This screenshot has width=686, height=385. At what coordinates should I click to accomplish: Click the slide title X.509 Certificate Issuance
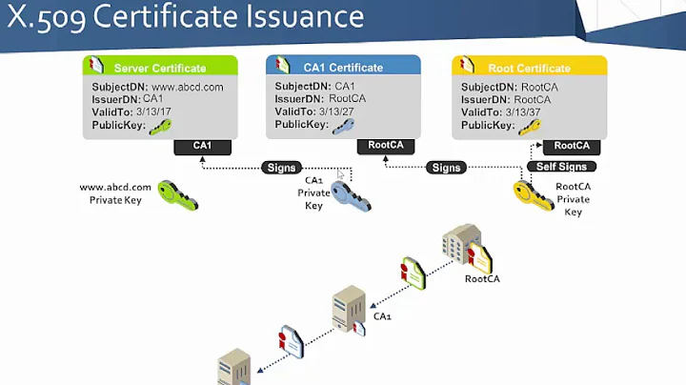187,17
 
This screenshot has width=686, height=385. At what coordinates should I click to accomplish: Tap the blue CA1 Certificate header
342,68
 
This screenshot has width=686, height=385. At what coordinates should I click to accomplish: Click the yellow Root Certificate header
528,69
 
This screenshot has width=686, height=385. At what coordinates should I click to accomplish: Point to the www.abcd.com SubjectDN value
188,87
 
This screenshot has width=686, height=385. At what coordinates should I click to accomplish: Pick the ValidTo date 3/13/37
534,111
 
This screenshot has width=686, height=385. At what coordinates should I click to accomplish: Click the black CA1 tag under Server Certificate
202,146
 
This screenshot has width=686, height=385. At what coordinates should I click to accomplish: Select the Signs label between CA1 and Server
282,168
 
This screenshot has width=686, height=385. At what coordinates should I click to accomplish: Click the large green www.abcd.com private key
178,194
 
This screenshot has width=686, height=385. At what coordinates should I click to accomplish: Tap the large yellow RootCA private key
532,194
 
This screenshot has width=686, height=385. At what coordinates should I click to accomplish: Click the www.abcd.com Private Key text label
114,193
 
